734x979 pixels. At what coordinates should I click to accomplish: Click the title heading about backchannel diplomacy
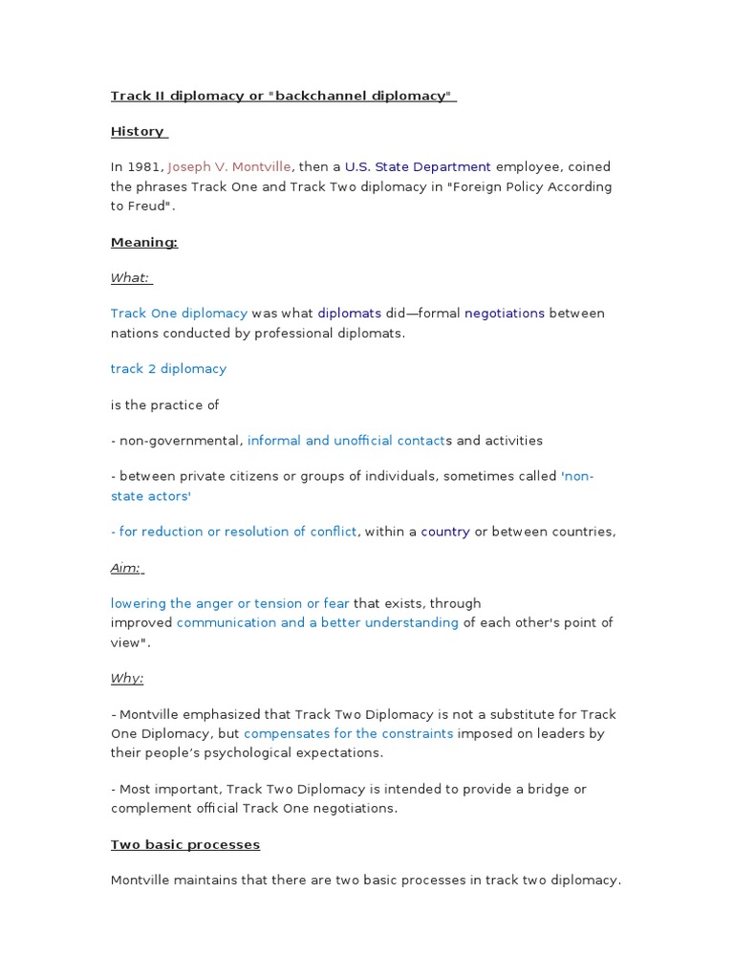[x=283, y=96]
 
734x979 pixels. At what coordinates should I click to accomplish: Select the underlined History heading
[x=139, y=131]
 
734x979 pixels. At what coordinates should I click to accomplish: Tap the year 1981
[x=144, y=166]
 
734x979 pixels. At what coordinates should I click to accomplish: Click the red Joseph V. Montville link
[x=229, y=166]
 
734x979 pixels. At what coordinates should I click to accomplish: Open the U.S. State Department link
[x=418, y=166]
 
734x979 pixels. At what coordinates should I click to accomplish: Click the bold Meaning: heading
[x=144, y=242]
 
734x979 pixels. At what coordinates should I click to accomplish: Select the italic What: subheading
[x=131, y=277]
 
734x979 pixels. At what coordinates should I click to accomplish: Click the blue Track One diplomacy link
[x=179, y=313]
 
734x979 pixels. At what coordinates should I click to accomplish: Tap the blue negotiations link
[x=504, y=313]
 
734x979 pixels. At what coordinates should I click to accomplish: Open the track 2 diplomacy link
[x=168, y=368]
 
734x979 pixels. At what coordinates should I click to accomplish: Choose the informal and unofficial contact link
[x=346, y=441]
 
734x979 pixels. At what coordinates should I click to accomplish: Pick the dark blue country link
[x=444, y=532]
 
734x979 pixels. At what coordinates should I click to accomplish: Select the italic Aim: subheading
[x=126, y=568]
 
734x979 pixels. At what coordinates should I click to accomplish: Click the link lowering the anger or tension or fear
[x=229, y=603]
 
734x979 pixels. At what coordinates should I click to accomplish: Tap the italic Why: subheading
[x=127, y=678]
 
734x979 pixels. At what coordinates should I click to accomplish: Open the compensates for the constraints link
[x=348, y=733]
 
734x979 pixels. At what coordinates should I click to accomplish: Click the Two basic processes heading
[x=185, y=844]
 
